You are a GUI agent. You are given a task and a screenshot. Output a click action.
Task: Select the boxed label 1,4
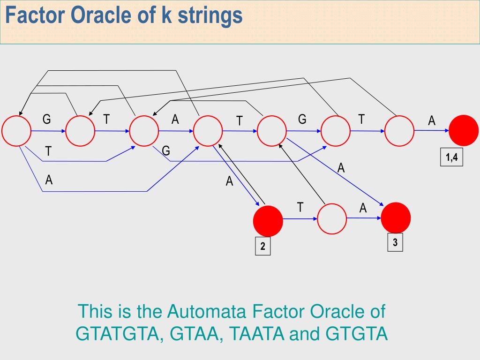[x=451, y=157]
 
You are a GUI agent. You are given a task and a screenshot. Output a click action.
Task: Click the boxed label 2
[x=262, y=247]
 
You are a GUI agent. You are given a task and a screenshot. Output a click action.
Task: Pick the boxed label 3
[x=395, y=242]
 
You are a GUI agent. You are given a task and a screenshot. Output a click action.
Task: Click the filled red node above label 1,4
[x=463, y=130]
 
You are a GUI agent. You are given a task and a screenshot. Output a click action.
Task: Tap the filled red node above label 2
[x=268, y=220]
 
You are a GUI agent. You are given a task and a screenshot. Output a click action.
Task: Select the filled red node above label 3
[x=396, y=217]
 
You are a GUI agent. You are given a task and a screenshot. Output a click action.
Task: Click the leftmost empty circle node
[x=16, y=131]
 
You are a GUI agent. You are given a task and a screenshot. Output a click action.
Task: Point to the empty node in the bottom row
[x=332, y=219]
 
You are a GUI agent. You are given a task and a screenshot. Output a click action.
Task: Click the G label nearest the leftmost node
[x=46, y=120]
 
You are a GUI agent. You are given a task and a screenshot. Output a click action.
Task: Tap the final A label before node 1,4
[x=432, y=121]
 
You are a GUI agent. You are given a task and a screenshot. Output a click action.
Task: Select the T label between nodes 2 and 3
[x=300, y=207]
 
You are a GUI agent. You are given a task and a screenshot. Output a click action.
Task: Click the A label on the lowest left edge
[x=49, y=180]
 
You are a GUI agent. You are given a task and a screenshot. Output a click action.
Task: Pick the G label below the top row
[x=165, y=151]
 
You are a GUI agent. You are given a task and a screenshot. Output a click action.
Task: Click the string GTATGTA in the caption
[x=120, y=334]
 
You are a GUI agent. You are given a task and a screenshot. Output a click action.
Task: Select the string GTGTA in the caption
[x=357, y=334]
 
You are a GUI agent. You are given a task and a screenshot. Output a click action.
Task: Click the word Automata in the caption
[x=207, y=312]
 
